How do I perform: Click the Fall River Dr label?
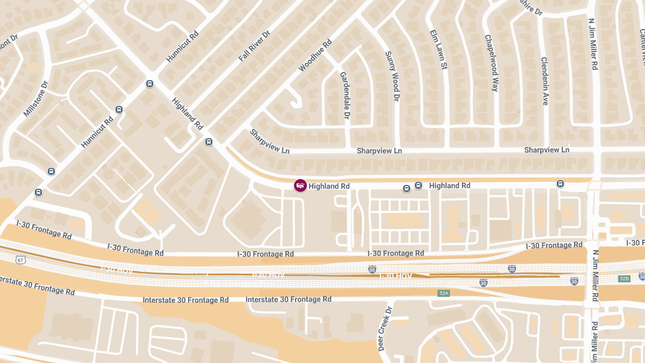point(254,46)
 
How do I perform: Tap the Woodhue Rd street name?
point(316,55)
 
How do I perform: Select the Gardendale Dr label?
point(345,95)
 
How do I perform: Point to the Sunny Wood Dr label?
point(393,76)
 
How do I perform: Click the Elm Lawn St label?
point(438,50)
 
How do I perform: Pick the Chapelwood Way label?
point(492,63)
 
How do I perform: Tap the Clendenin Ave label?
point(544,81)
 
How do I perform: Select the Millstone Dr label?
point(36,99)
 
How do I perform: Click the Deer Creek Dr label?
point(385,328)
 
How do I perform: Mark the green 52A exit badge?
point(443,293)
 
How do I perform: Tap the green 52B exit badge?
point(624,279)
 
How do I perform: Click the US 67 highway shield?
point(21,260)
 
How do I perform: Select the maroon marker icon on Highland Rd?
point(300,186)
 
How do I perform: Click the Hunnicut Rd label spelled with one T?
point(182,47)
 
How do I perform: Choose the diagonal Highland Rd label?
point(187,113)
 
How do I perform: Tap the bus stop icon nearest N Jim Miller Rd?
point(560,184)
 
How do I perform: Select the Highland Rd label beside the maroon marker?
point(329,186)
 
